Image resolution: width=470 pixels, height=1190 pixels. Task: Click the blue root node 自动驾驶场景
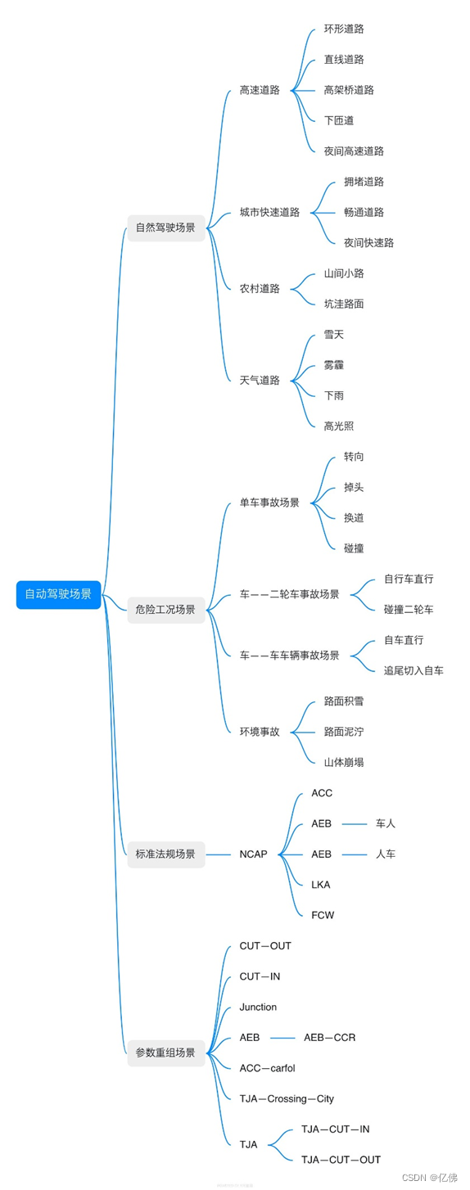coord(58,595)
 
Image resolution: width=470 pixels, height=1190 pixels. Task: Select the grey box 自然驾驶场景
coord(165,228)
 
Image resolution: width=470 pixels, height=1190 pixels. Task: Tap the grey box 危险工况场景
coord(165,610)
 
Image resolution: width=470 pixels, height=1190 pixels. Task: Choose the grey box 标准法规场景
coord(165,854)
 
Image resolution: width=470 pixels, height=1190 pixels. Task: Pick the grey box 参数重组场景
coord(165,1053)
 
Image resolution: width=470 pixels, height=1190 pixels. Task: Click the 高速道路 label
coord(260,90)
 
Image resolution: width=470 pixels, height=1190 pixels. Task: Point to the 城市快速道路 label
coord(269,212)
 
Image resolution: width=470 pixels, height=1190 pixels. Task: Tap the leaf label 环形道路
coord(344,29)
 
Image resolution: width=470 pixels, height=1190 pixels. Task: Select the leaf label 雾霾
coord(334,365)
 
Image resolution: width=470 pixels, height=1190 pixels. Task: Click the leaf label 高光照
coord(339,426)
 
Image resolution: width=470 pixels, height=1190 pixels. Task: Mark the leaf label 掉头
coord(354,488)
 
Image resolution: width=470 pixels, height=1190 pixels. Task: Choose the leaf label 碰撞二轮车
coord(409,610)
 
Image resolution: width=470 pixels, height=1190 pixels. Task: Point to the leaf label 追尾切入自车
coord(414,671)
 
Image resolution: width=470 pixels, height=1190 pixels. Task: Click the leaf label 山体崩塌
coord(344,763)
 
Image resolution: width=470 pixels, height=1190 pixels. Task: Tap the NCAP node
coord(253,854)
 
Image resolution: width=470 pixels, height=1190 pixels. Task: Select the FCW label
coord(323,916)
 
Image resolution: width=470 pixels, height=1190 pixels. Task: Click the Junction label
coord(258,1007)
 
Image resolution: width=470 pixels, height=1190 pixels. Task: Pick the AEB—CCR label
coord(329,1038)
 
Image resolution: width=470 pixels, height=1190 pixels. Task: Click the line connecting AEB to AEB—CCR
coord(282,1038)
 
